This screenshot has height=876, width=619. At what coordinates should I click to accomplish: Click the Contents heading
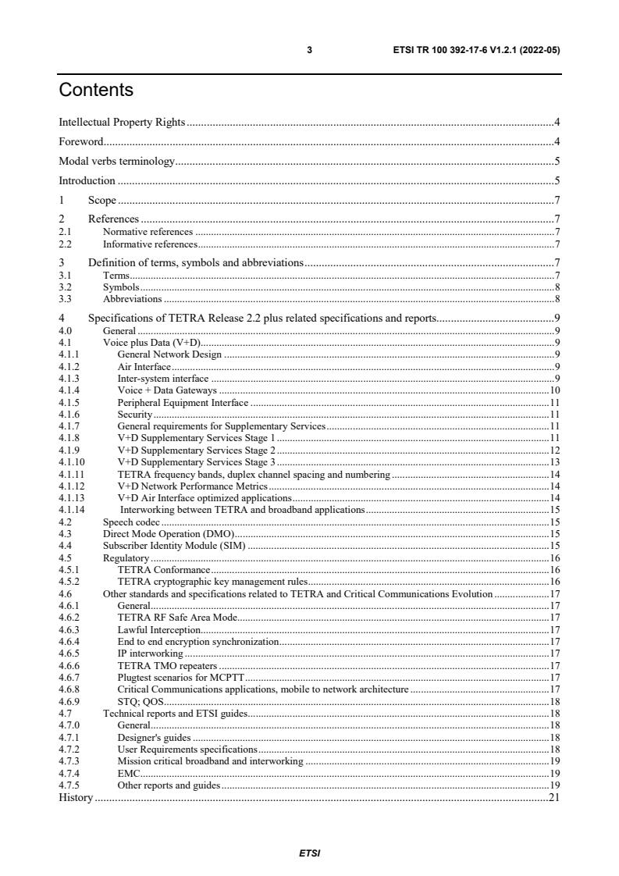[96, 90]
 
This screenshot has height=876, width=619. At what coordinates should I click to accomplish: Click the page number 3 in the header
[309, 50]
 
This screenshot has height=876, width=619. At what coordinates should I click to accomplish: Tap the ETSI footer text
[309, 853]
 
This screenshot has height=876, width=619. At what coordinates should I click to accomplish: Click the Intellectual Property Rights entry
[122, 122]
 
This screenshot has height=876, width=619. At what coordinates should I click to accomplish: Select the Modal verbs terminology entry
[117, 161]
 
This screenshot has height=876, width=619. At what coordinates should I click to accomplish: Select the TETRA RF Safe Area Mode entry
[176, 617]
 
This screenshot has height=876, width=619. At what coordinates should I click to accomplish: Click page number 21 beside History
[554, 797]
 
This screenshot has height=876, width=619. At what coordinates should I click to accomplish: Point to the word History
[76, 797]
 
